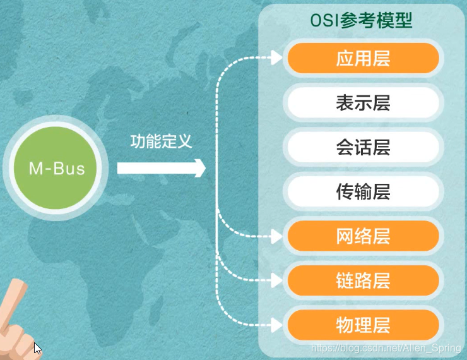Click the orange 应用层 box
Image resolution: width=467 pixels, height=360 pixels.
point(363,59)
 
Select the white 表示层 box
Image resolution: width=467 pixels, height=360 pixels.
point(363,103)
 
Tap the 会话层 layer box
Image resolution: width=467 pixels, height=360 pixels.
point(363,148)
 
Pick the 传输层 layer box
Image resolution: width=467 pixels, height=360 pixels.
point(363,192)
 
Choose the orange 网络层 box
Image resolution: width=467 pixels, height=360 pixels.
point(363,236)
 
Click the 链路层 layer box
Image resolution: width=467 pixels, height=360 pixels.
point(363,280)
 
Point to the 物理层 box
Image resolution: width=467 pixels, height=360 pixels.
point(363,325)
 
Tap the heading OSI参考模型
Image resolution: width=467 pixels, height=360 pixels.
point(361,20)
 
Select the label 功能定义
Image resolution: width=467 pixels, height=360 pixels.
point(161,141)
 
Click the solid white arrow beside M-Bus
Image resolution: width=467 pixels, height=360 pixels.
point(161,168)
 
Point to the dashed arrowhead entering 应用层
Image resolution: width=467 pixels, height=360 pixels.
point(278,59)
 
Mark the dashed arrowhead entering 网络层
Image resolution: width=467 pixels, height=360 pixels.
point(278,237)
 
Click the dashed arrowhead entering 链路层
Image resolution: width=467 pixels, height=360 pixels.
point(278,280)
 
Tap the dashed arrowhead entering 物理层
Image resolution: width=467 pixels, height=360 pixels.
point(278,325)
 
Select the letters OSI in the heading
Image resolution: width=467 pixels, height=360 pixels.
point(326,20)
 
